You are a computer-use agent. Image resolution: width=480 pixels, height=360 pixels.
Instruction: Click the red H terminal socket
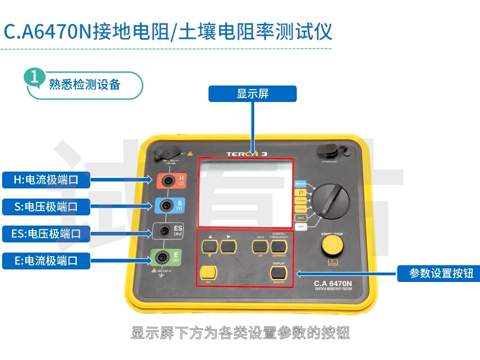[168, 181]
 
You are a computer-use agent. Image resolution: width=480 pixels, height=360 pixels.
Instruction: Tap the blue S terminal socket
[166, 205]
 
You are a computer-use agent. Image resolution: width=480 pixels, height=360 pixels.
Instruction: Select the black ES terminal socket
[164, 231]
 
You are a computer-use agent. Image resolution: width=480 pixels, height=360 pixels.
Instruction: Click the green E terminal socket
[162, 257]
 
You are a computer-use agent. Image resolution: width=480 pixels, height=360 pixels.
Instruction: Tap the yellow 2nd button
[208, 273]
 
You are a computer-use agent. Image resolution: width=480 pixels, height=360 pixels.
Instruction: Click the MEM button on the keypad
[260, 247]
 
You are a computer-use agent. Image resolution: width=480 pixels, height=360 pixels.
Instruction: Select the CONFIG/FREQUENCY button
[278, 247]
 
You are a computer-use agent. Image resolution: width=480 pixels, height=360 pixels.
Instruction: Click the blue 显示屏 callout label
[252, 94]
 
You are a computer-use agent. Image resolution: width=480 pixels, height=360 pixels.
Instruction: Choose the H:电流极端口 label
[46, 180]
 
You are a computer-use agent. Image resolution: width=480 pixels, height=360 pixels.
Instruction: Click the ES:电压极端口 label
[46, 234]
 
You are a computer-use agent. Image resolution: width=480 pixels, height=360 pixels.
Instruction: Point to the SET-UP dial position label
[300, 184]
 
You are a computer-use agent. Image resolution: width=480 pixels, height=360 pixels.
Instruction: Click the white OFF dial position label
[301, 227]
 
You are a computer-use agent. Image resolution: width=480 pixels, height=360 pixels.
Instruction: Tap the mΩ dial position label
[301, 218]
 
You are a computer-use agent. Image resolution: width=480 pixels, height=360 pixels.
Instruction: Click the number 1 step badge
[34, 77]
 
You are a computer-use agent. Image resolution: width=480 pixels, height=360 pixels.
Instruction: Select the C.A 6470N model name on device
[333, 284]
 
